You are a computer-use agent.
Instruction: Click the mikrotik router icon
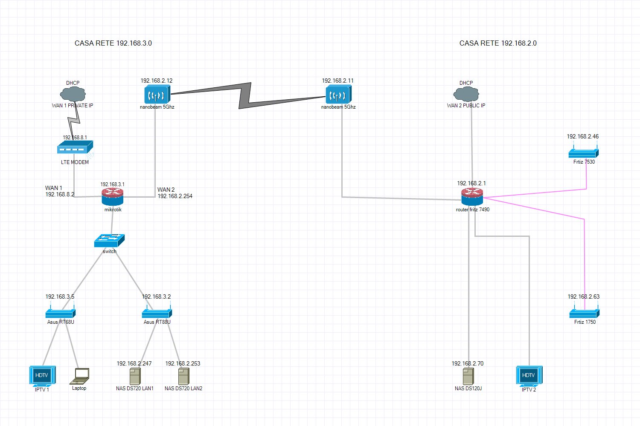[x=112, y=197]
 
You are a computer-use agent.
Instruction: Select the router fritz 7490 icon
[x=472, y=196]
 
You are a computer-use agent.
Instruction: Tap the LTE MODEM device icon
[x=75, y=147]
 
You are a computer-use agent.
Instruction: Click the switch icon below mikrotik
[x=109, y=241]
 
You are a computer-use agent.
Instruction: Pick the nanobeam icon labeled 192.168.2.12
[x=157, y=94]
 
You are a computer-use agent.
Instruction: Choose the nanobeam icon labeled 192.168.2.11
[x=339, y=94]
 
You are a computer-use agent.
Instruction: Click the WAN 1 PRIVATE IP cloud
[x=73, y=94]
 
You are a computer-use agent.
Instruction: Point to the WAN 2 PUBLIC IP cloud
[x=466, y=94]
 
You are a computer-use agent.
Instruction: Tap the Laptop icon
[x=79, y=376]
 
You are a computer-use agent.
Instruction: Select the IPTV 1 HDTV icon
[x=42, y=376]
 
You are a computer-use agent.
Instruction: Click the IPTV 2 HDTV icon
[x=529, y=376]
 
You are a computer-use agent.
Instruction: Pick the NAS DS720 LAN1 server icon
[x=135, y=376]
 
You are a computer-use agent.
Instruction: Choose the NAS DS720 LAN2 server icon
[x=184, y=376]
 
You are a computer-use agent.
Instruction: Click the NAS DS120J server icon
[x=468, y=376]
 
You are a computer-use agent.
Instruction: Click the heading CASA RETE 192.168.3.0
[x=113, y=43]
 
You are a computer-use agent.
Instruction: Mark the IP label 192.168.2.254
[x=175, y=196]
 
